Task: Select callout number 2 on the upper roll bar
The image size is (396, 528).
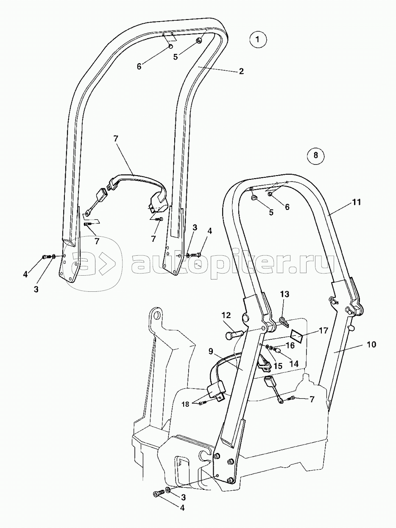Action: pyautogui.click(x=241, y=71)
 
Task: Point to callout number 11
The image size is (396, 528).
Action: pyautogui.click(x=357, y=203)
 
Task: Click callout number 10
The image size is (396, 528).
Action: pyautogui.click(x=371, y=344)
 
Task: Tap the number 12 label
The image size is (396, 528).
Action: pyautogui.click(x=226, y=315)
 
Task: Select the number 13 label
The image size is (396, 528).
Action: pyautogui.click(x=284, y=294)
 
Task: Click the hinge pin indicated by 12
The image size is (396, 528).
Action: pyautogui.click(x=234, y=335)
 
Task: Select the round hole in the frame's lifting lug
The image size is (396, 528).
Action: pyautogui.click(x=158, y=315)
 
